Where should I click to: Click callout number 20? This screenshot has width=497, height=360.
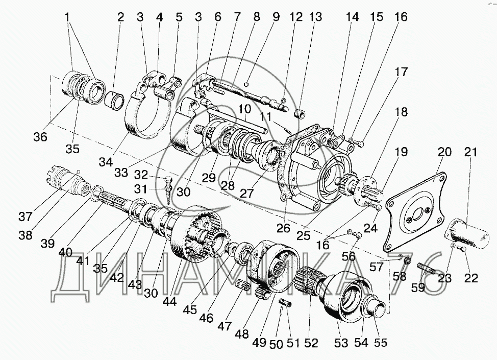(x=444, y=152)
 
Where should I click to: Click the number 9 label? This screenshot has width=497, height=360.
(x=276, y=17)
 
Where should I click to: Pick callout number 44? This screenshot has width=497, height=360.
(x=169, y=301)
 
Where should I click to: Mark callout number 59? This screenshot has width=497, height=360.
(x=418, y=287)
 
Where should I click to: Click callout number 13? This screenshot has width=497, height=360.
(x=316, y=17)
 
